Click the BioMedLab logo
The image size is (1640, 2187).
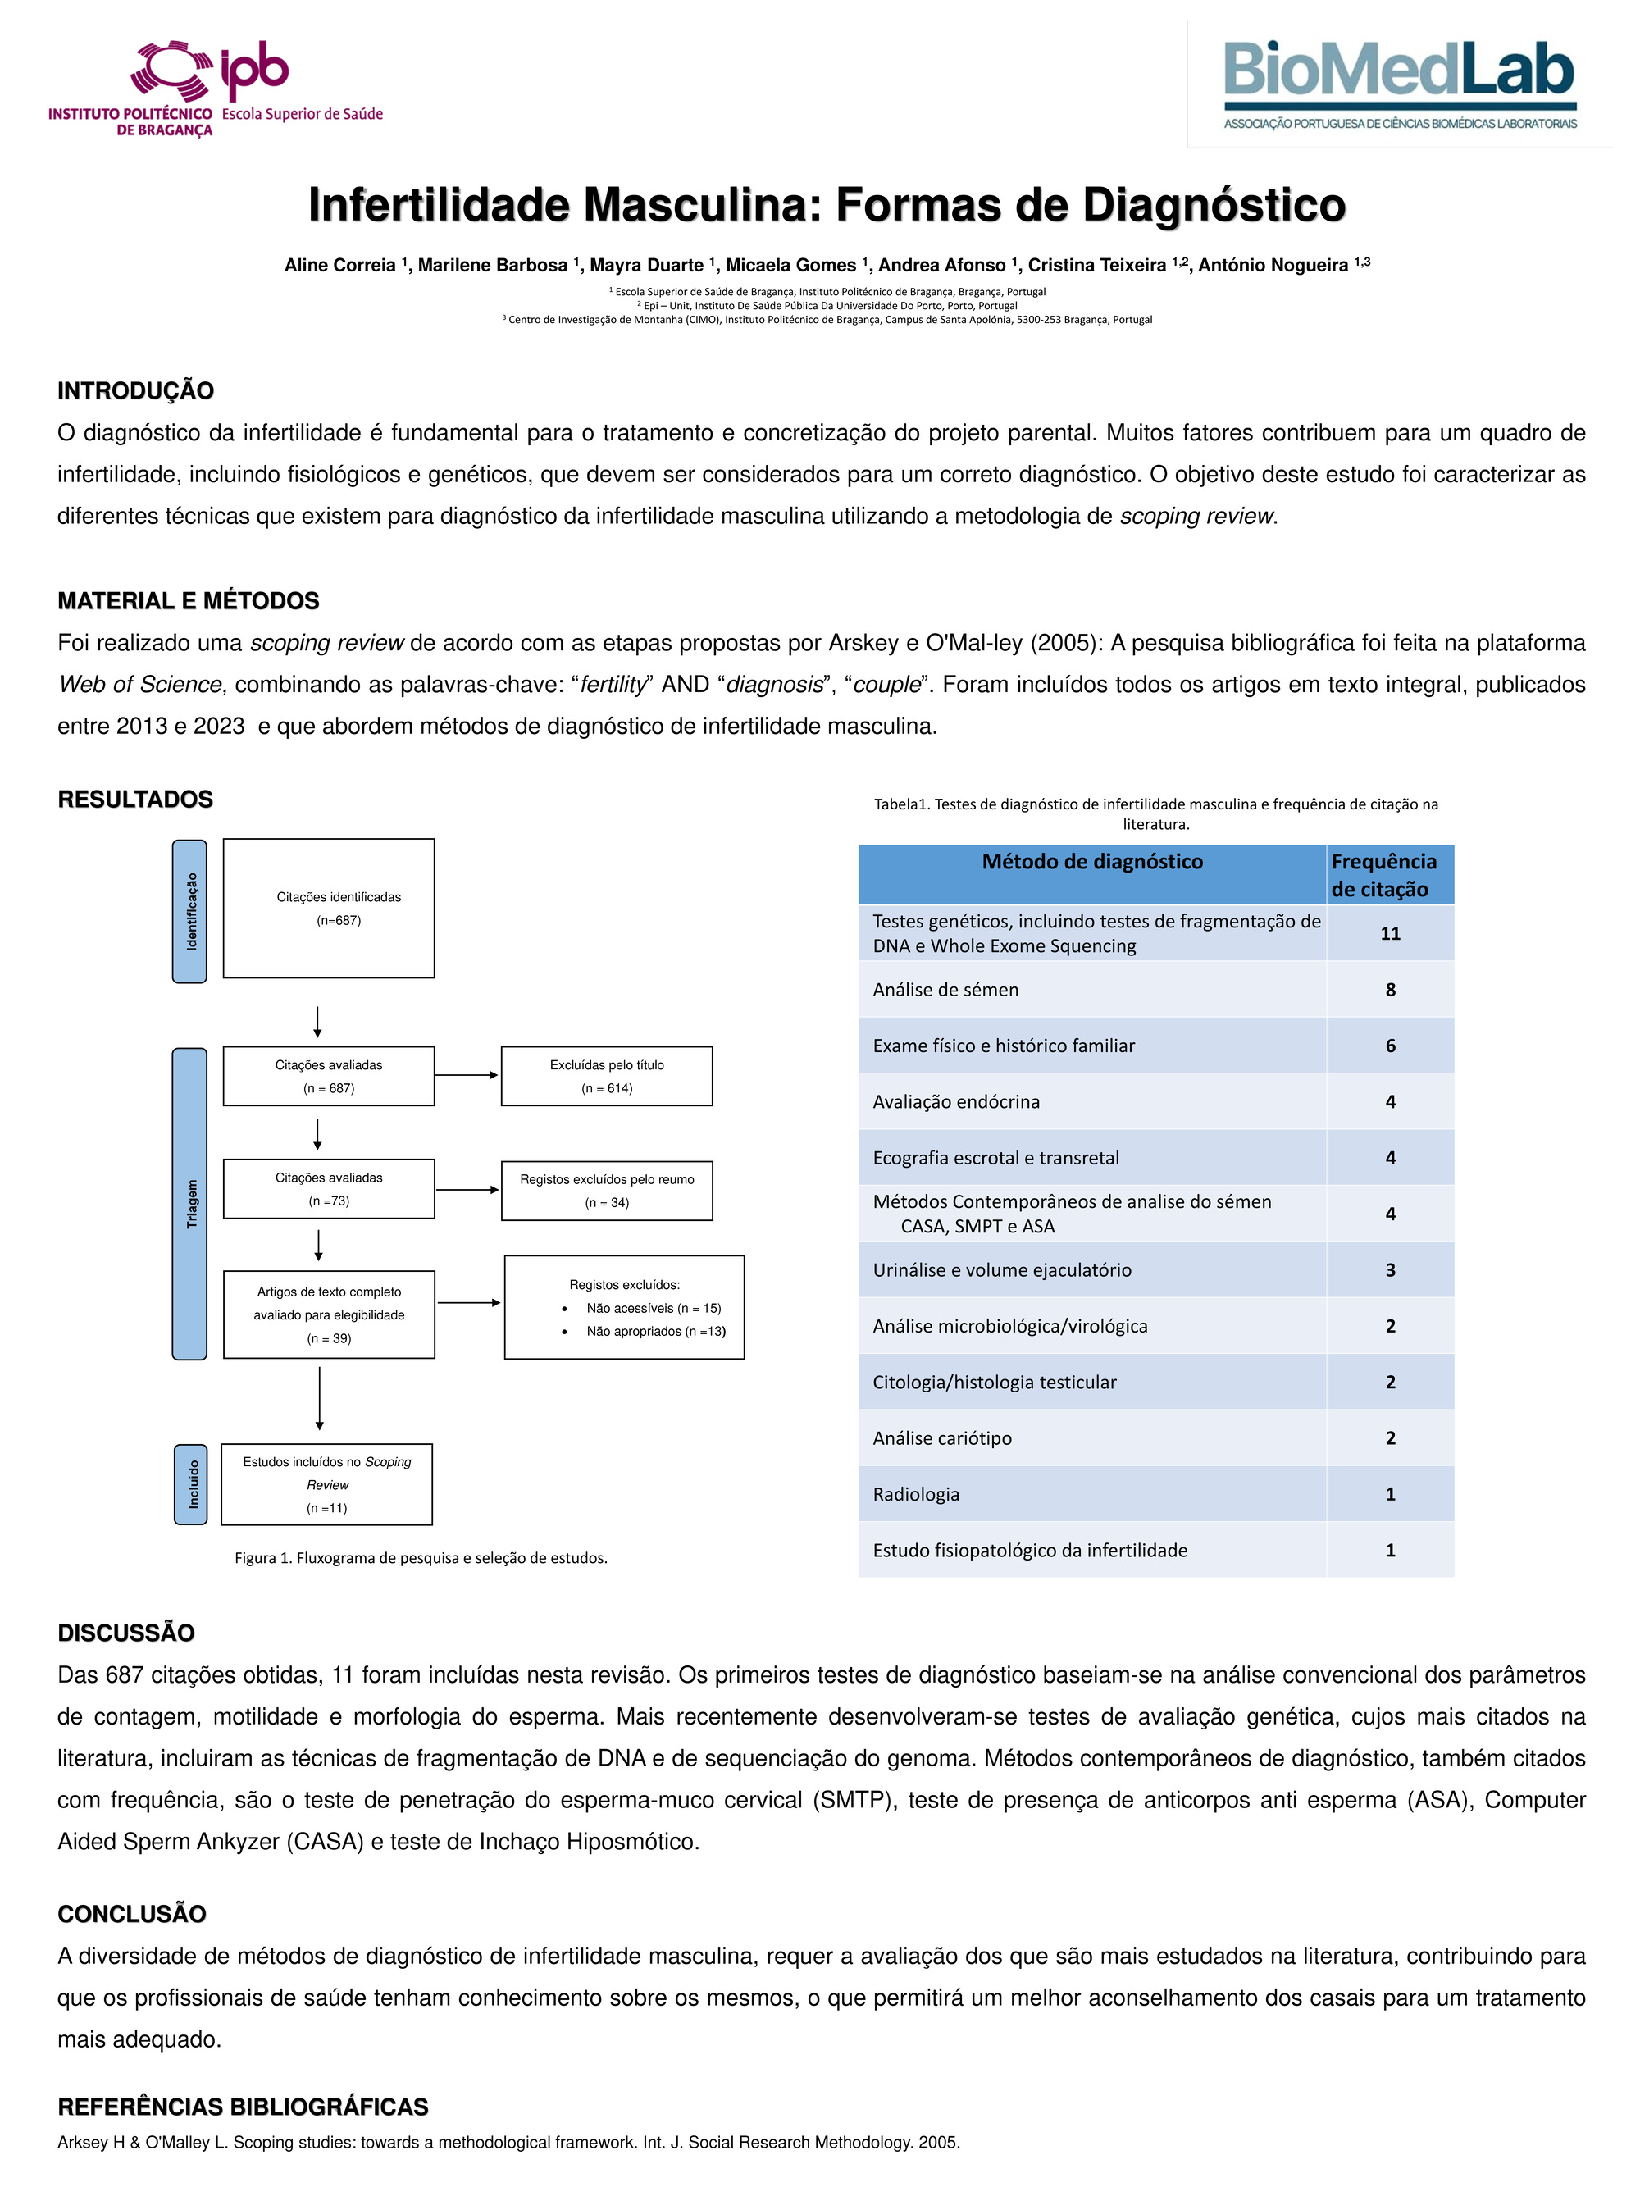tap(1399, 84)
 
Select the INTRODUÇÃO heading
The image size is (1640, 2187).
tap(135, 390)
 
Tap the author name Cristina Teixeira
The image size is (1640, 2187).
tap(1097, 265)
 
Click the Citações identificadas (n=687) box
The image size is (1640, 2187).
tap(328, 908)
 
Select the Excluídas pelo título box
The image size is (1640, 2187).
tap(606, 1076)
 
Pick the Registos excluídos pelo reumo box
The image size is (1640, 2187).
tap(606, 1191)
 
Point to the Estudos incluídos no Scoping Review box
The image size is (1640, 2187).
tap(326, 1484)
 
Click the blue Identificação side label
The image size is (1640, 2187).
tap(189, 910)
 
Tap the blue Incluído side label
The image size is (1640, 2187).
tap(191, 1484)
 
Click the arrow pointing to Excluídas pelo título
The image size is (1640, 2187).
tap(467, 1075)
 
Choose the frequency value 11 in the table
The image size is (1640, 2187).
tap(1390, 933)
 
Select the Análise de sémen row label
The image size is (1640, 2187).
tap(945, 990)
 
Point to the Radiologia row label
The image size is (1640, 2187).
tap(915, 1494)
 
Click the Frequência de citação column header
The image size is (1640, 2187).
tap(1383, 875)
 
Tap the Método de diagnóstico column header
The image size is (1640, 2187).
tap(1091, 862)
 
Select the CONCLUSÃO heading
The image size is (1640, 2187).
tap(131, 1914)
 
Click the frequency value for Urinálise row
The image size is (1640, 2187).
tap(1390, 1270)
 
